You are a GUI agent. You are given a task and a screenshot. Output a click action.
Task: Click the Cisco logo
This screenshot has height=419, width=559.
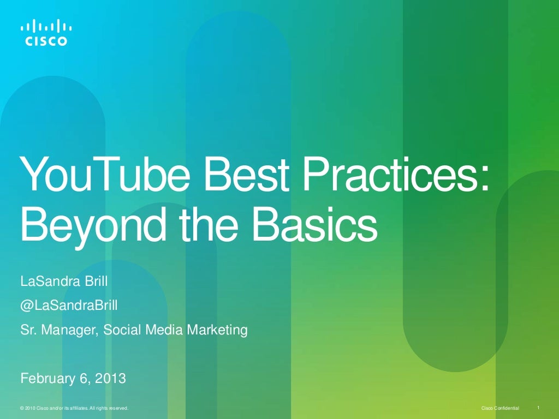pyautogui.click(x=47, y=33)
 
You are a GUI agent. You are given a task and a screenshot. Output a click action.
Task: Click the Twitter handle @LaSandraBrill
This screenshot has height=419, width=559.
pyautogui.click(x=68, y=306)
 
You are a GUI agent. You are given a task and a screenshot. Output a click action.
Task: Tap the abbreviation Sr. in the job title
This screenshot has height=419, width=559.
pyautogui.click(x=27, y=330)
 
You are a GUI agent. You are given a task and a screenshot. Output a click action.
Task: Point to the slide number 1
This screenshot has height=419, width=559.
pyautogui.click(x=539, y=408)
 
